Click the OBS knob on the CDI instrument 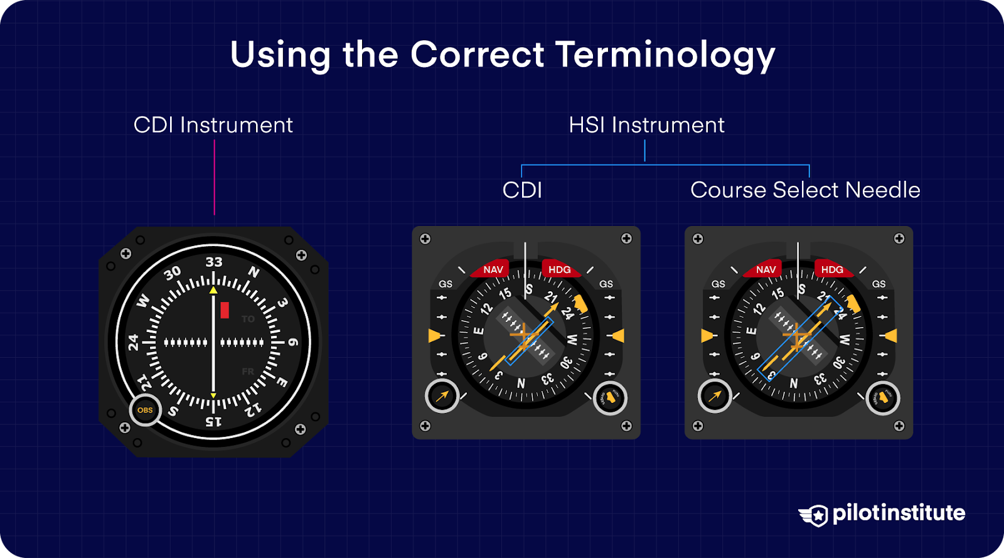pos(145,410)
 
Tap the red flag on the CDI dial pos(225,310)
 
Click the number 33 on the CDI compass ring pos(213,262)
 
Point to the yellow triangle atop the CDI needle pos(213,290)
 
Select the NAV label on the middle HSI pos(493,269)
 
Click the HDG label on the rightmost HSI pos(832,269)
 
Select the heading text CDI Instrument pos(213,125)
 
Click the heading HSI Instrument pos(646,125)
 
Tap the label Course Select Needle pos(805,190)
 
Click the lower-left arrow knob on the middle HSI pos(442,396)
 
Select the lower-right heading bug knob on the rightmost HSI pos(883,397)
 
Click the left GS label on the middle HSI pos(446,284)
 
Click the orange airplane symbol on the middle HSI pos(522,338)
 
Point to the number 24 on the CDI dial pos(133,342)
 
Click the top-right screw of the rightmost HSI pos(899,239)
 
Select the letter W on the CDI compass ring pos(144,301)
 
